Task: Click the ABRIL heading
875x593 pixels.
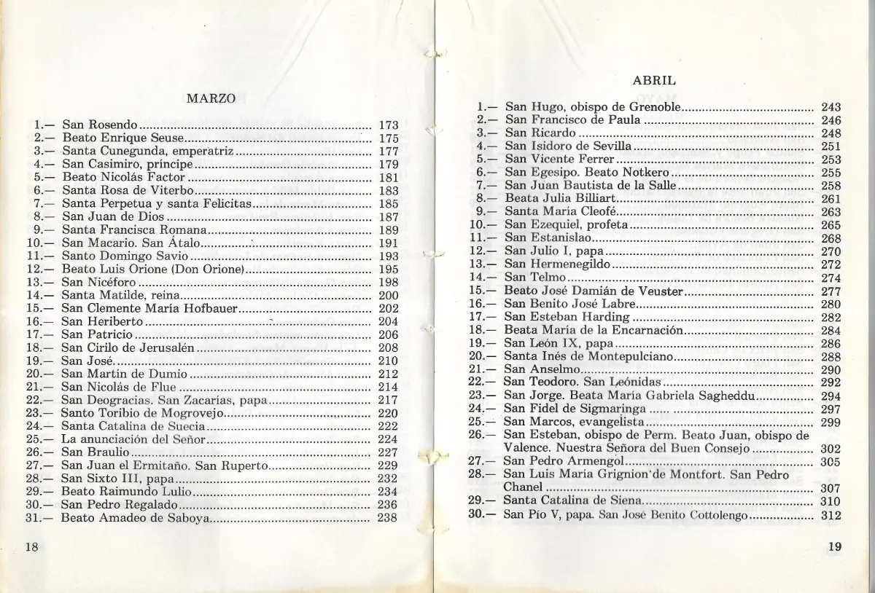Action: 653,81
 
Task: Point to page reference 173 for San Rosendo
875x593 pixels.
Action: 388,125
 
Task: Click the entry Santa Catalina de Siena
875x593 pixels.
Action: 572,501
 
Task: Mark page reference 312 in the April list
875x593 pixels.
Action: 831,515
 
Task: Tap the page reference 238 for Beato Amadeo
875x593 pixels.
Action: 388,519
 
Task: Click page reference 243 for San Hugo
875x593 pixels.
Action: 831,106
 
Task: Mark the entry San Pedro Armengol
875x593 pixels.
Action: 564,461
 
